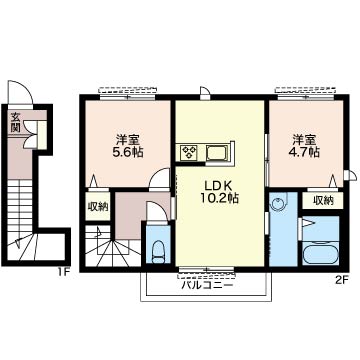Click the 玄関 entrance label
pos(15,121)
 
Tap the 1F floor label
pos(63,272)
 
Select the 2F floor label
pos(341,280)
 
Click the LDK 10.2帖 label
pos(220,192)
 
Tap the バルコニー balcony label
pos(206,285)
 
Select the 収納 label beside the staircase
pos(98,207)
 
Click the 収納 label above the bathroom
pos(323,200)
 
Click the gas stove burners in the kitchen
pos(190,153)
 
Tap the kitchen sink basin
pos(217,153)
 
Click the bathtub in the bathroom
pos(320,254)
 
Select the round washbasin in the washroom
pos(278,202)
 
